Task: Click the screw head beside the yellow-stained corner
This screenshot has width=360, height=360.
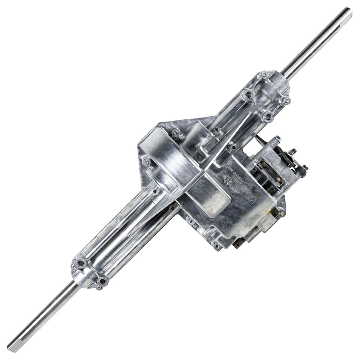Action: tap(282, 213)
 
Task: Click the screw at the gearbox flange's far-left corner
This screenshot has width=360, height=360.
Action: tap(146, 162)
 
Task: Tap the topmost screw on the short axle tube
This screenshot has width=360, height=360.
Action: tap(264, 74)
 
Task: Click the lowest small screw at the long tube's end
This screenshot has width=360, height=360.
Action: tap(99, 287)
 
